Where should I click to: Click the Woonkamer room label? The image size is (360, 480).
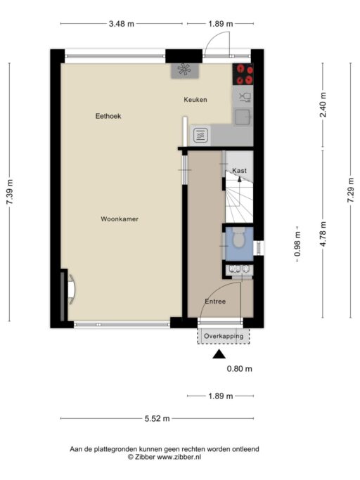click(x=120, y=219)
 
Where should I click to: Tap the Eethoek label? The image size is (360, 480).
click(x=108, y=116)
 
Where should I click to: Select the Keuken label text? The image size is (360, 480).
click(x=195, y=100)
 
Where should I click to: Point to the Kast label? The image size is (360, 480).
click(x=239, y=171)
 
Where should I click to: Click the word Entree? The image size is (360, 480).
click(x=215, y=301)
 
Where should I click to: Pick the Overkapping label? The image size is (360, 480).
click(x=224, y=336)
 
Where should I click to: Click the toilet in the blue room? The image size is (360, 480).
click(x=238, y=238)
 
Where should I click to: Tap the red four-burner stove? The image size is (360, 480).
click(x=243, y=74)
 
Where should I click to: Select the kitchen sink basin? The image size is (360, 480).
click(x=243, y=117)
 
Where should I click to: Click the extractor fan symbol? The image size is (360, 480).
click(x=184, y=70)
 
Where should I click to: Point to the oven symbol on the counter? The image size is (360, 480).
click(x=200, y=135)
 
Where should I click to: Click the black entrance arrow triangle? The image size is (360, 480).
click(x=219, y=354)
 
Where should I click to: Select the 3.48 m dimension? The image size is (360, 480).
click(x=122, y=24)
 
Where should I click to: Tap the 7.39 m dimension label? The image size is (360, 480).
click(x=10, y=193)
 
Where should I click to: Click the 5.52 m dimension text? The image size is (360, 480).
click(x=157, y=418)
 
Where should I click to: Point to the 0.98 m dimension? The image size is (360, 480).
click(x=297, y=244)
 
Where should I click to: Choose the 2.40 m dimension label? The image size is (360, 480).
click(x=323, y=105)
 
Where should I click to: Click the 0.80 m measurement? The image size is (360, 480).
click(x=240, y=368)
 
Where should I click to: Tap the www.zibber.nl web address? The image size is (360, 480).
click(x=179, y=457)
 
